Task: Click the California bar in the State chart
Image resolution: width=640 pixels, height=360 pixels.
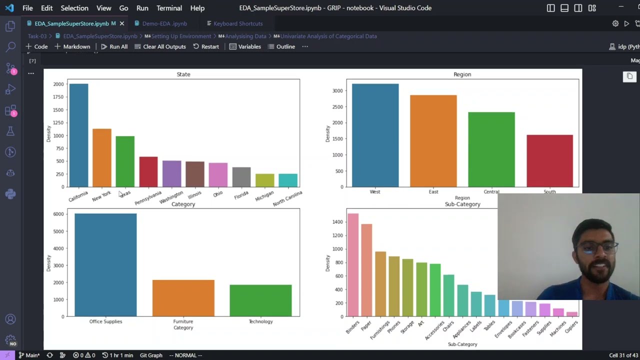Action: click(78, 135)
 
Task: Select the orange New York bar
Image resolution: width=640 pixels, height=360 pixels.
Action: click(102, 158)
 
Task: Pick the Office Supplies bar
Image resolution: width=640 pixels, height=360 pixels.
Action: click(105, 265)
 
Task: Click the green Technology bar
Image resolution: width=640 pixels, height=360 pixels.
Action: click(260, 300)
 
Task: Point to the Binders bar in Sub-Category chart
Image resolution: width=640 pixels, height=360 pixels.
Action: click(352, 265)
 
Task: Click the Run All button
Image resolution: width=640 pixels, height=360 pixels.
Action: click(114, 46)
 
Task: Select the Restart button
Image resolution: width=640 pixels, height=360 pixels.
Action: click(205, 46)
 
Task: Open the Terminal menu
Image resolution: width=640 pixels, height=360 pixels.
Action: click(169, 8)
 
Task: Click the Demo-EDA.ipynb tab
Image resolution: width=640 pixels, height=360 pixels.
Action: click(164, 23)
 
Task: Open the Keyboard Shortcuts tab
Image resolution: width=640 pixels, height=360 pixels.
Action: click(237, 23)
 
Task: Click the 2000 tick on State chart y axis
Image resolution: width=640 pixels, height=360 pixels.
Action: click(58, 84)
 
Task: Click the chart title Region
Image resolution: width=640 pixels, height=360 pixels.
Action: click(462, 74)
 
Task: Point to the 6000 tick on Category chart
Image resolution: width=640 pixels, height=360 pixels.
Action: click(58, 214)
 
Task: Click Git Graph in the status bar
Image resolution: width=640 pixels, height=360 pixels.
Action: click(151, 355)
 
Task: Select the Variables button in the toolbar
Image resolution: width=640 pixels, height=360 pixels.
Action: click(245, 46)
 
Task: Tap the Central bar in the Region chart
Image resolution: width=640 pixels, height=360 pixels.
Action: click(491, 149)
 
